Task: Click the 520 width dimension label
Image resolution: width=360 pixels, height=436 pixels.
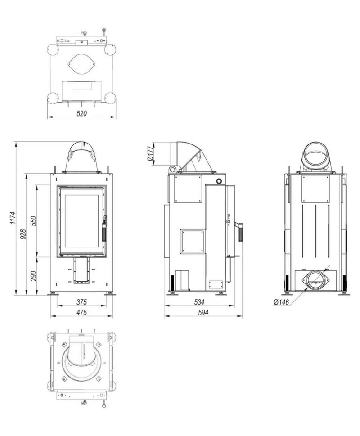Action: click(x=81, y=113)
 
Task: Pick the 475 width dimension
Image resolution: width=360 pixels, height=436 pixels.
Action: click(x=81, y=312)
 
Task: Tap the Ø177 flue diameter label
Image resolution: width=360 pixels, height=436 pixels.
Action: click(x=151, y=154)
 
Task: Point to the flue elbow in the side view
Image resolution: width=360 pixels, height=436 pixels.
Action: click(x=189, y=155)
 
